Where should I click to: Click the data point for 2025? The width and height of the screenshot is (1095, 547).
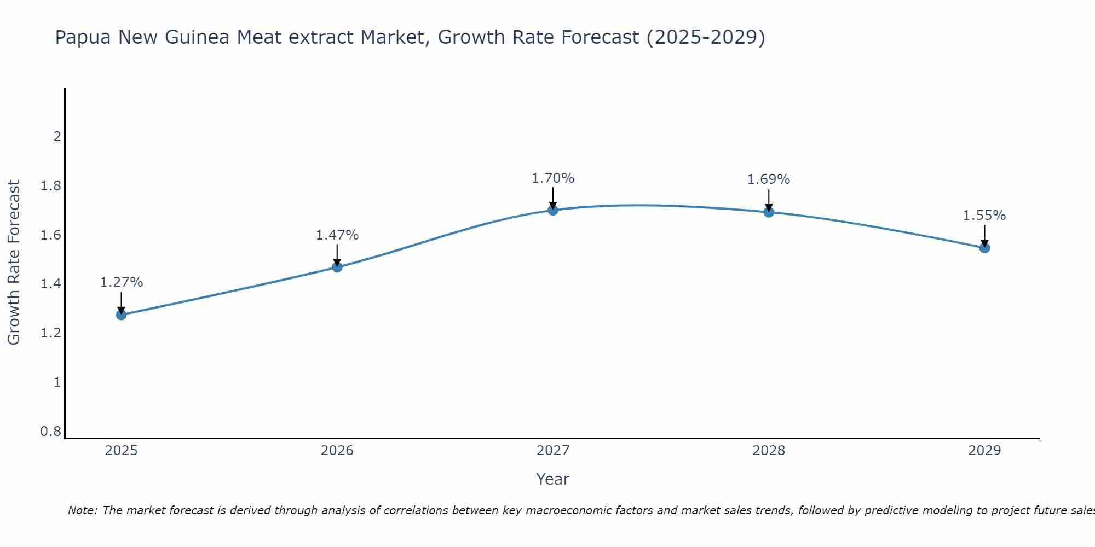click(122, 315)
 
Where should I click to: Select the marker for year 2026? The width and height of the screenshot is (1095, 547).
click(337, 267)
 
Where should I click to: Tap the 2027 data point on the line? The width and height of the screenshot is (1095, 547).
click(553, 210)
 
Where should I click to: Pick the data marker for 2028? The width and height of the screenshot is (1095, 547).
click(769, 212)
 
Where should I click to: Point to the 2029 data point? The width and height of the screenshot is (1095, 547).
click(984, 248)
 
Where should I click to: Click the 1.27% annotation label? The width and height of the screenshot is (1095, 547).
click(122, 282)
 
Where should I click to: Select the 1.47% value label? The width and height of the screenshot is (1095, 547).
click(337, 235)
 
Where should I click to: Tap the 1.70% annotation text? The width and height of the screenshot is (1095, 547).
click(553, 178)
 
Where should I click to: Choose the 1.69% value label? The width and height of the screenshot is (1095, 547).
click(769, 179)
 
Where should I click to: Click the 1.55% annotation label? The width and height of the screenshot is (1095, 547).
click(984, 216)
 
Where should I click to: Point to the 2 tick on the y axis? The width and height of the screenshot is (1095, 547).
click(57, 136)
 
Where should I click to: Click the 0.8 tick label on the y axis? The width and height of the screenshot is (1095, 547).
click(51, 432)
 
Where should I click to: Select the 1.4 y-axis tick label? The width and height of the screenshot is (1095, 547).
click(51, 284)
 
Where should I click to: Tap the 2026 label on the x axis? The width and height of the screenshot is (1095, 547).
click(337, 451)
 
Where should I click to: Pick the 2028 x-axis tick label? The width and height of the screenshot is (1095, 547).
click(769, 451)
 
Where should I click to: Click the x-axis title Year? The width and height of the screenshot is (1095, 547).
click(553, 479)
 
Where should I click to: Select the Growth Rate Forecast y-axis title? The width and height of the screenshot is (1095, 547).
click(14, 262)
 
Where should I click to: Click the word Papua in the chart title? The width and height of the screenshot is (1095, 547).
click(83, 38)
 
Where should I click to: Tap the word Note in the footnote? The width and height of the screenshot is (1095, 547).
click(82, 510)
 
